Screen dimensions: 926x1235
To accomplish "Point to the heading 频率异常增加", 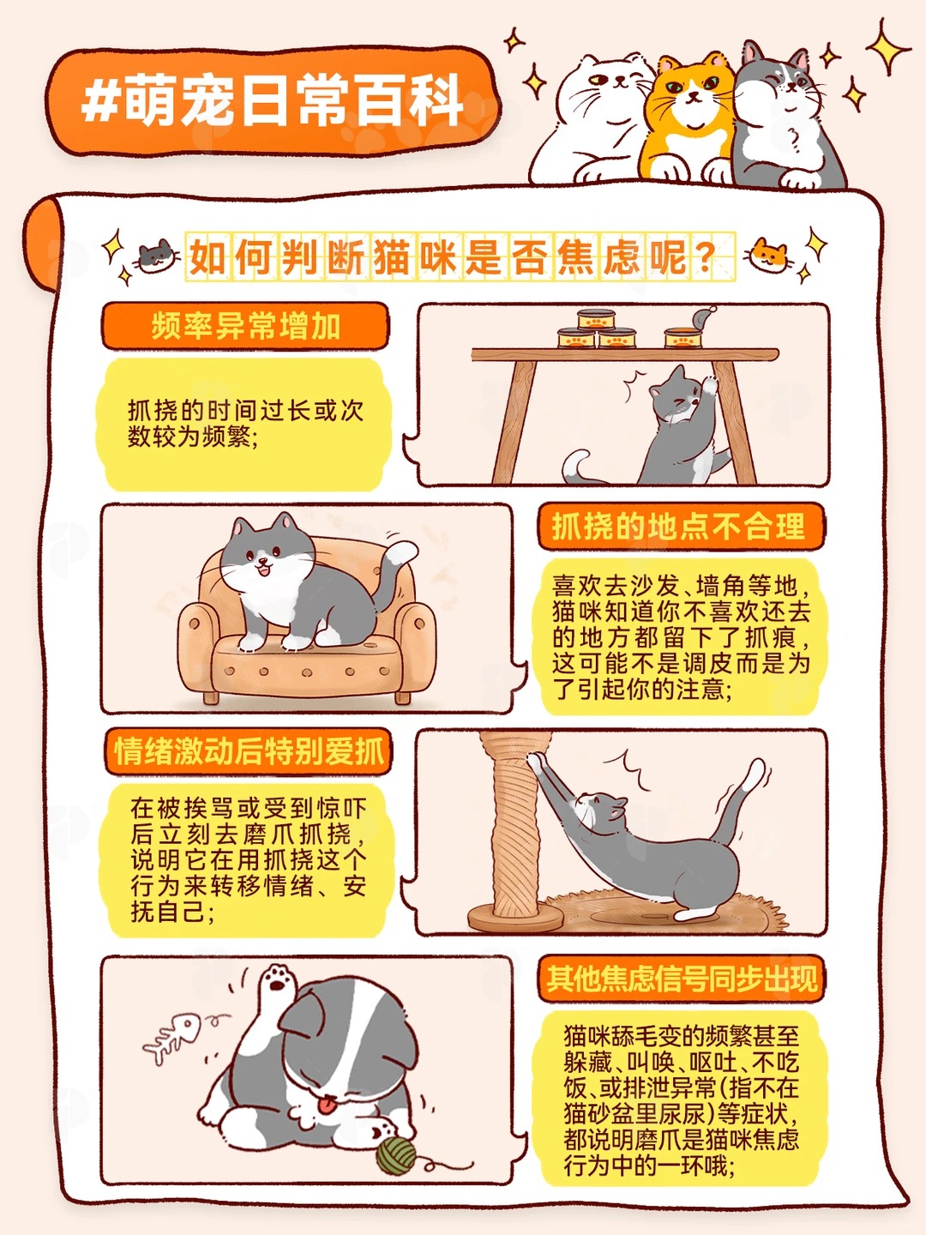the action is tap(246, 326).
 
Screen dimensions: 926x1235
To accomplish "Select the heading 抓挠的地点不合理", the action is tap(680, 527).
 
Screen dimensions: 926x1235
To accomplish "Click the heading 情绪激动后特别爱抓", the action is tap(249, 750).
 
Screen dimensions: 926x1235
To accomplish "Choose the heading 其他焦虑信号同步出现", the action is tap(681, 979).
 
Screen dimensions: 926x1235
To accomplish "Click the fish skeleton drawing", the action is tap(172, 1036).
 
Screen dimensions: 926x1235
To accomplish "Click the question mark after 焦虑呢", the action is tap(705, 258).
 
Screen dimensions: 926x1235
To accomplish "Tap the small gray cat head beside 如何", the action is tap(156, 256).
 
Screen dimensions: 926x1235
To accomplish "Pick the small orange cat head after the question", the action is tap(767, 256).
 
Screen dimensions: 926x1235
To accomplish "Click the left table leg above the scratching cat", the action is tap(514, 421).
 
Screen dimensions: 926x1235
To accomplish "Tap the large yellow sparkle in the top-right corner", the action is tap(887, 48).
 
